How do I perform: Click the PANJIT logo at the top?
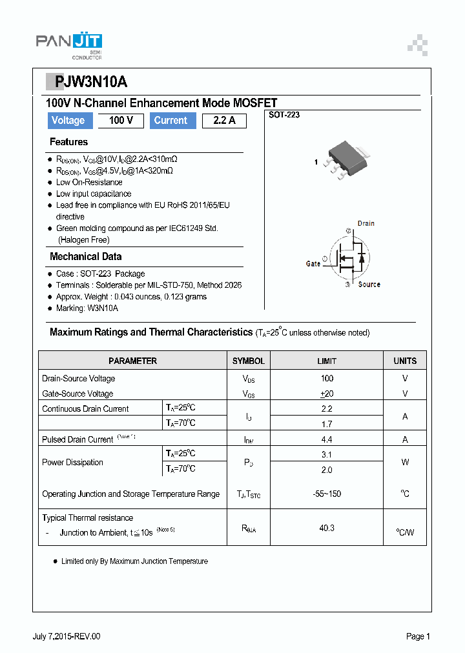(68, 43)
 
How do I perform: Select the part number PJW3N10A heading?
(91, 83)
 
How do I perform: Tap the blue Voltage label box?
(68, 121)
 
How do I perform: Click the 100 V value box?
(121, 121)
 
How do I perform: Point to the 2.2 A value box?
(223, 121)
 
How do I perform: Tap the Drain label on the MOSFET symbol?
(366, 223)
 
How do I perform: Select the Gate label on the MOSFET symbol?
(313, 263)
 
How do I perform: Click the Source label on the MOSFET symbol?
(369, 285)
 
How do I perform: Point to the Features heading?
(68, 142)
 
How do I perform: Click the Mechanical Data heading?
(85, 257)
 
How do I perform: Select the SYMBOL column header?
(249, 361)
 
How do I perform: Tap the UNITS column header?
(405, 361)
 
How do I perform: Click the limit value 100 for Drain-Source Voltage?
(327, 379)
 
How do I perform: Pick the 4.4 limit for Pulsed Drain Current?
(327, 439)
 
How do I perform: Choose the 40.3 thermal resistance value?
(327, 528)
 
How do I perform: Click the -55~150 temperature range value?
(327, 494)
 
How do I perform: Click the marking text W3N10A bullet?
(87, 308)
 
